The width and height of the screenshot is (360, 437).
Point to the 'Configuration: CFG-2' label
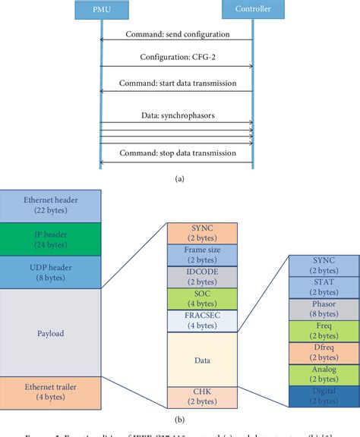(175, 58)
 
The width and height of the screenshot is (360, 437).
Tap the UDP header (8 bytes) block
(49, 272)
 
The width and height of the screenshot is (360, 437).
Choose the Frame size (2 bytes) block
(201, 253)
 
